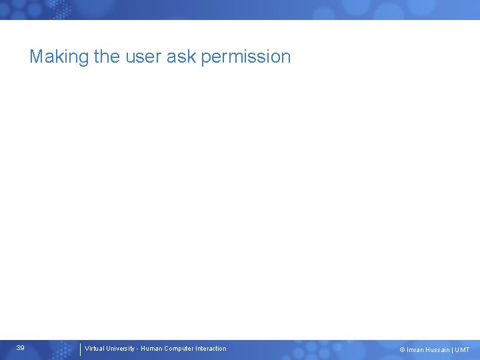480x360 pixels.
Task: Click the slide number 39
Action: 21,348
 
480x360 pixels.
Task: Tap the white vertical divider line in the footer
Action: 80,349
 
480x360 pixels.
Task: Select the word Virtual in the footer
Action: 95,349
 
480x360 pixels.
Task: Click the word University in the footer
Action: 121,349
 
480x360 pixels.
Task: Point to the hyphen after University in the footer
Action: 137,349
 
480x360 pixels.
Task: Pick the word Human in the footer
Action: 151,349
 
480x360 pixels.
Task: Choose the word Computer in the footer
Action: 178,349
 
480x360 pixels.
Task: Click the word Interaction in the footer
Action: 211,349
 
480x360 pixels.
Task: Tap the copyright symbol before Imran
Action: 402,350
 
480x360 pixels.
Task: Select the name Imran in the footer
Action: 415,350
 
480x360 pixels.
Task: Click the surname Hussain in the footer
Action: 438,350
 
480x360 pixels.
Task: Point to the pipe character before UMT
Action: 453,350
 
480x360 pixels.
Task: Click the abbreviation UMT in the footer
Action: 463,350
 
